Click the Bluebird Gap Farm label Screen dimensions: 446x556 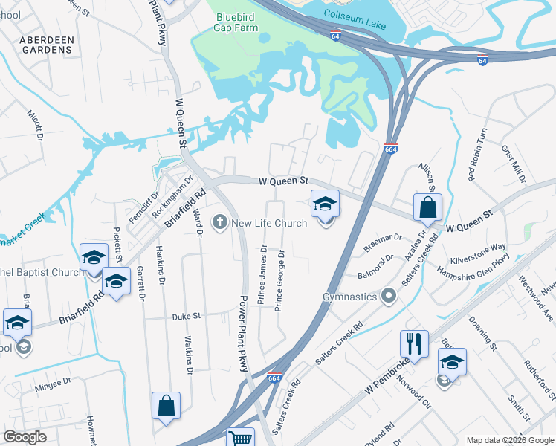coord(237,22)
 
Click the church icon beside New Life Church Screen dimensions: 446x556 coord(219,223)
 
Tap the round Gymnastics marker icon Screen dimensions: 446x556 coord(388,297)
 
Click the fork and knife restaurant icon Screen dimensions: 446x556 coord(415,343)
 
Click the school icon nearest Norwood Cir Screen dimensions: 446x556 coord(451,362)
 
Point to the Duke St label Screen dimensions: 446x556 coord(187,316)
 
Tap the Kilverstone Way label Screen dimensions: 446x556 coord(478,246)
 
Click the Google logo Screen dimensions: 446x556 coord(25,437)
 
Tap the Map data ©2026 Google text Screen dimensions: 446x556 coord(509,440)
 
